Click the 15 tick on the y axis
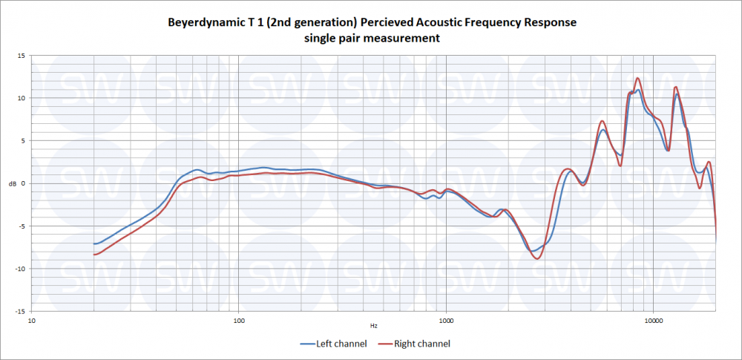pyautogui.click(x=22, y=56)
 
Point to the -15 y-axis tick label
pyautogui.click(x=20, y=312)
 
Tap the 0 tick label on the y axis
pyautogui.click(x=23, y=183)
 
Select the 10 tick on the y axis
pyautogui.click(x=22, y=98)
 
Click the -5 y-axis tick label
pyautogui.click(x=22, y=226)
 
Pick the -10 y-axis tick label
pyautogui.click(x=20, y=269)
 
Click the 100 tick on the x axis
pyautogui.click(x=238, y=321)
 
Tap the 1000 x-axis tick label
pyautogui.click(x=445, y=321)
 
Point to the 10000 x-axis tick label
pyautogui.click(x=653, y=321)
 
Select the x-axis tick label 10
pyautogui.click(x=31, y=321)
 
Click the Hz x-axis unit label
pyautogui.click(x=373, y=326)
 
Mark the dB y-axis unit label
pyautogui.click(x=10, y=184)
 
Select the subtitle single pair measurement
pyautogui.click(x=372, y=38)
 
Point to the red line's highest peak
pyautogui.click(x=637, y=78)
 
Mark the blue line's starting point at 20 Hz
pyautogui.click(x=94, y=243)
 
